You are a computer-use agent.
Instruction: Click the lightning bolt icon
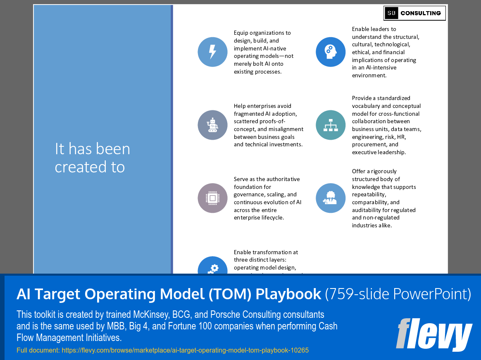[212, 52]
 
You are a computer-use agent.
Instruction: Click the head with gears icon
[331, 52]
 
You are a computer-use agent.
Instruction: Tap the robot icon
[212, 125]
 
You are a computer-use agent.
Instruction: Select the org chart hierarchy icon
[331, 125]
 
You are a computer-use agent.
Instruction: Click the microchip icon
[212, 198]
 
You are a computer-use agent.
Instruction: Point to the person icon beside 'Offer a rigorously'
[331, 198]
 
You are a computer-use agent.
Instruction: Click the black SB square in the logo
[391, 13]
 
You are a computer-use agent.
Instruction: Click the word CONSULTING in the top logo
[421, 13]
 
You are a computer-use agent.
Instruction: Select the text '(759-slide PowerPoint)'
[398, 294]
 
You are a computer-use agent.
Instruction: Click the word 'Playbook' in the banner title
[288, 294]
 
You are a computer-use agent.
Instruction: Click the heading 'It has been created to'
[92, 157]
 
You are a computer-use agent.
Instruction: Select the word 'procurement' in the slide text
[368, 144]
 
